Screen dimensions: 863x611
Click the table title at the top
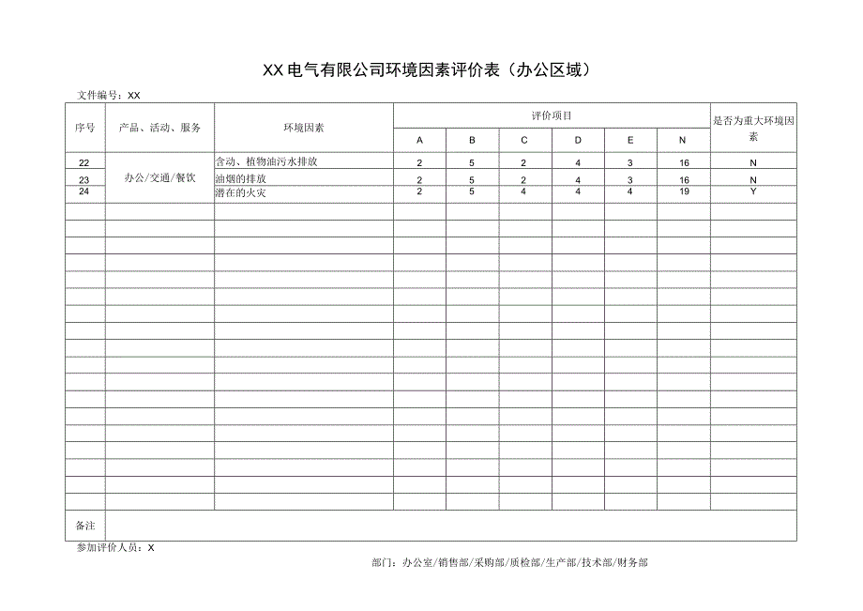pos(427,70)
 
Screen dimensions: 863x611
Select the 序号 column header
pos(85,128)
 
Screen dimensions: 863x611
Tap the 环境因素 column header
pos(304,128)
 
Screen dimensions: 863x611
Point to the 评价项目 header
pos(552,115)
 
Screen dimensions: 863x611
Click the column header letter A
pos(419,140)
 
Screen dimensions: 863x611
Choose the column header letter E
pos(630,140)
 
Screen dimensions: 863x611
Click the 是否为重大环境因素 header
pos(754,128)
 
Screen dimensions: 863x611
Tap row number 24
pos(84,191)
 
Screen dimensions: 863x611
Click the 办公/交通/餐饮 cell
pos(159,177)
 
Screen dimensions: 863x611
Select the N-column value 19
pos(684,191)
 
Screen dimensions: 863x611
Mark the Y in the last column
pos(754,191)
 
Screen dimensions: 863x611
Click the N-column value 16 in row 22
pos(684,163)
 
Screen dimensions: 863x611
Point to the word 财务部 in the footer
pos(631,563)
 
